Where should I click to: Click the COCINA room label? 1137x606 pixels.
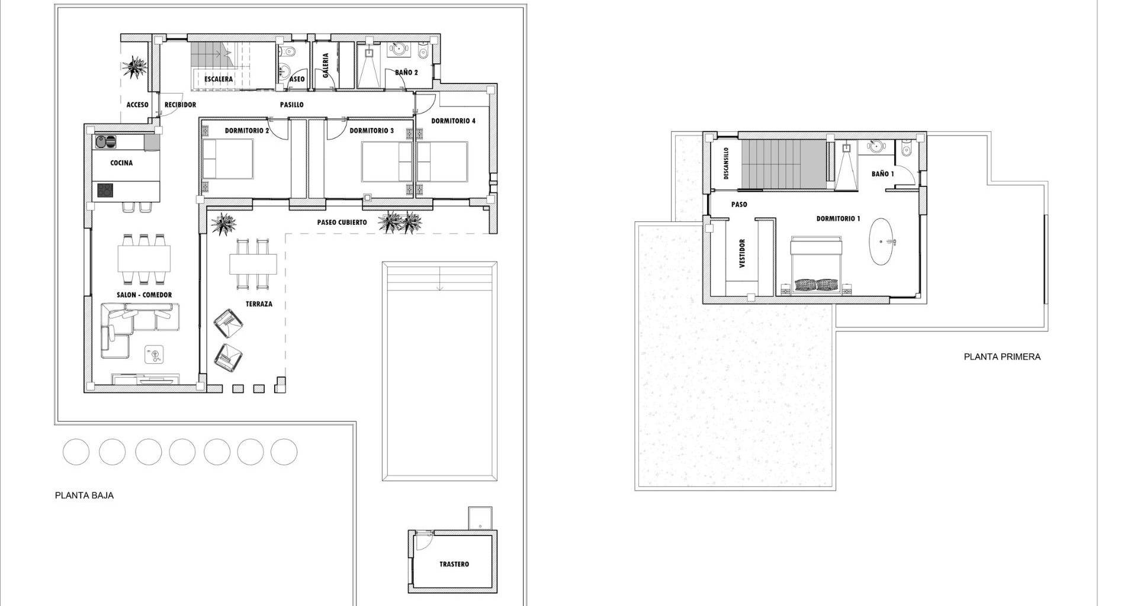[x=121, y=163]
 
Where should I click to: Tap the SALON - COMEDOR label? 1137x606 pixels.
[x=144, y=295]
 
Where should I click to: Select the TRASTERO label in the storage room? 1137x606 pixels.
[x=454, y=564]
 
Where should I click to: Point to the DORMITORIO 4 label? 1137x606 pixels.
[x=453, y=121]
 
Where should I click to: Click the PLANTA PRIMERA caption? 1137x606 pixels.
[x=1002, y=357]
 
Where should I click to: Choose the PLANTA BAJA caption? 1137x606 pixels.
[x=84, y=496]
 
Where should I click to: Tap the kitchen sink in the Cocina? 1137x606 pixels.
[x=105, y=142]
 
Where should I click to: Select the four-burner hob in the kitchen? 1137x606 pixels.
[x=105, y=191]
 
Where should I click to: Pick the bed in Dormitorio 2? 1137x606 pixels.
[x=227, y=160]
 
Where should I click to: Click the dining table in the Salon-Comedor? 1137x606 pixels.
[x=144, y=258]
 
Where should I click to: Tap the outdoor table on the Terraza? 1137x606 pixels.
[x=253, y=263]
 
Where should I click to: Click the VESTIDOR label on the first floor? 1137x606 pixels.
[x=742, y=253]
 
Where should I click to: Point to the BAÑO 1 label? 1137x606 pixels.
[x=883, y=174]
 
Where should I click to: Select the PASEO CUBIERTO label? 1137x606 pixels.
[x=342, y=223]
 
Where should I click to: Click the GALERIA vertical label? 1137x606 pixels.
[x=325, y=66]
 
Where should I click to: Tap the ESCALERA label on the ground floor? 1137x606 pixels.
[x=219, y=79]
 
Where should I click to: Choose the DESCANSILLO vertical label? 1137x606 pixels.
[x=726, y=164]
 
